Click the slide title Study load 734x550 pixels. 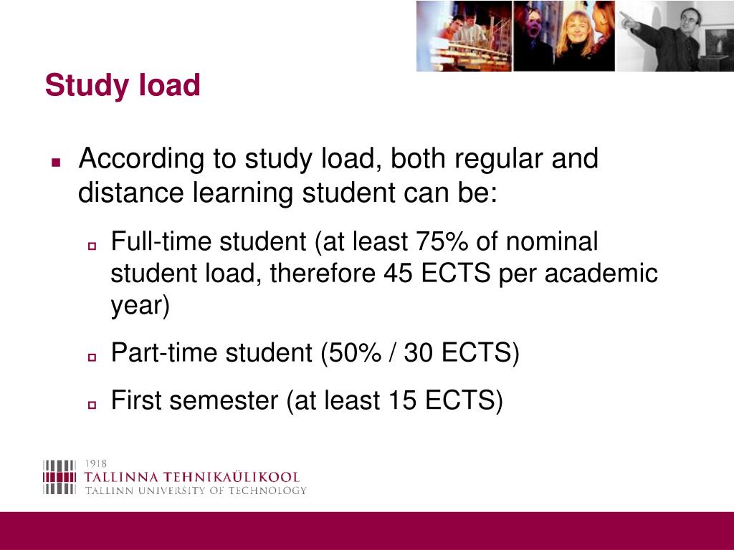(x=123, y=86)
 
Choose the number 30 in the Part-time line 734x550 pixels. (x=419, y=353)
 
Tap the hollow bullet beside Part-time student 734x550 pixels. (x=92, y=357)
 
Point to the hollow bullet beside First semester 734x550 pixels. (x=92, y=405)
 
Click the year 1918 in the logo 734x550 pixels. (x=96, y=463)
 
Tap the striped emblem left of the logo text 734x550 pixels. (x=59, y=476)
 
